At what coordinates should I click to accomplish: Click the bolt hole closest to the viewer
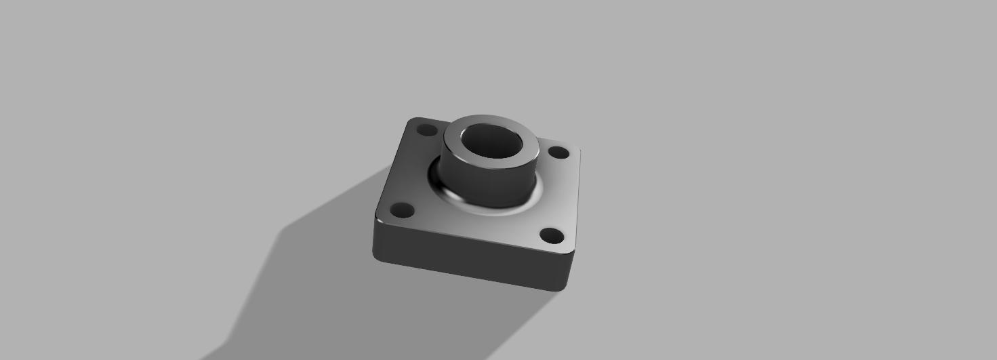coord(552,236)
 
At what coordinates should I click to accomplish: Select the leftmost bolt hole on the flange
coord(403,210)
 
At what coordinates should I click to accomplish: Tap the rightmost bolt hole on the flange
coord(558,153)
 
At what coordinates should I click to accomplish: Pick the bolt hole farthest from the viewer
coord(426,129)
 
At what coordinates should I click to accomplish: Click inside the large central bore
coord(491,144)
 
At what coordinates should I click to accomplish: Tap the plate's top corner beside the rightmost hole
coord(577,151)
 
